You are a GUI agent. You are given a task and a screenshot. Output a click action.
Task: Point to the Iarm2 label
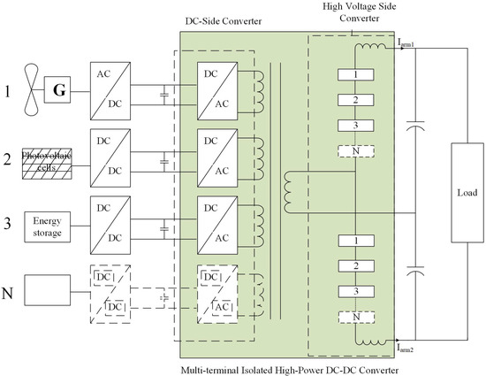pyautogui.click(x=414, y=349)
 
